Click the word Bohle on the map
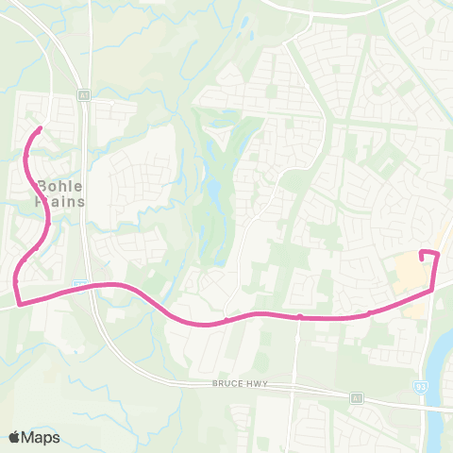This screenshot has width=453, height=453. (62, 185)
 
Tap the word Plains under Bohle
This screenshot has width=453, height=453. (62, 201)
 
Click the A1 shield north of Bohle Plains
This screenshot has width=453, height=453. (84, 94)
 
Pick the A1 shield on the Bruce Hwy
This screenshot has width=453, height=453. (357, 399)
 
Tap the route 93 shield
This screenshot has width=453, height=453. (421, 385)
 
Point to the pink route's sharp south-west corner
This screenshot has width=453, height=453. (18, 303)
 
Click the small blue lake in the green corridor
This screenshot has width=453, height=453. (215, 196)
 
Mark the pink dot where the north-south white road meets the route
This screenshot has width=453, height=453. (297, 317)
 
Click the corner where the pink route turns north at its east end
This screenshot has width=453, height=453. (433, 291)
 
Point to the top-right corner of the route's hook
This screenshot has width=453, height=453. (437, 253)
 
